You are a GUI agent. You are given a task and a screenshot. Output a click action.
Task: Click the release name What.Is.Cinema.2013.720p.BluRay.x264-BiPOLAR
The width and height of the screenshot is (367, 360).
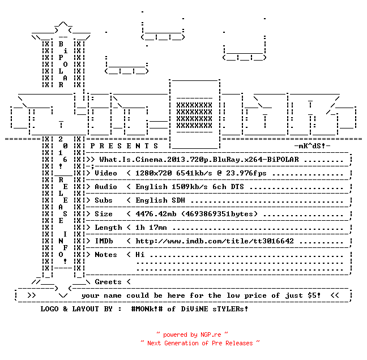pos(199,160)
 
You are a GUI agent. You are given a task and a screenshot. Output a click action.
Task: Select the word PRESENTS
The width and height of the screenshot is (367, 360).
pos(124,146)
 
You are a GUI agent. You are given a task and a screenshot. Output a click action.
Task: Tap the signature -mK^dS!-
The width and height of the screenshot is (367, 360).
pos(312,146)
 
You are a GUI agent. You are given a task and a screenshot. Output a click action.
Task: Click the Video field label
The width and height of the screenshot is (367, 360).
pos(106,173)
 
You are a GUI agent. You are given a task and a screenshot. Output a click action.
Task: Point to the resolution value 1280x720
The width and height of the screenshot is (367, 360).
pos(153,173)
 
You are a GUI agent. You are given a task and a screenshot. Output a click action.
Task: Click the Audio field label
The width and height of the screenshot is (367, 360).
pos(106,187)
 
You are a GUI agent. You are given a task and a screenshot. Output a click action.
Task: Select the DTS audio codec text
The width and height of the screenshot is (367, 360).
pos(237,187)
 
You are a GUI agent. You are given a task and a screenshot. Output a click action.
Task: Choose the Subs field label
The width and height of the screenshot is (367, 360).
pos(104,200)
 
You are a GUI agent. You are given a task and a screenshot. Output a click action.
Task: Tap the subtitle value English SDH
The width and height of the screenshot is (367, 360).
pos(160,200)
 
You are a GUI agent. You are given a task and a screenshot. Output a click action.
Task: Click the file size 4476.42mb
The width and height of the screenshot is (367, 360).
pos(156,214)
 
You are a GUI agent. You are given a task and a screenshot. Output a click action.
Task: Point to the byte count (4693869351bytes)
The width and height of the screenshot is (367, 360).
pos(219,214)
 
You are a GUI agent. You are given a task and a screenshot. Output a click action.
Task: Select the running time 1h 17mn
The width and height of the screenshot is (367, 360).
pos(151,228)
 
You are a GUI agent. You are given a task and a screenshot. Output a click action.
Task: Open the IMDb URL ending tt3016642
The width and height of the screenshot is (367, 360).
pos(215,241)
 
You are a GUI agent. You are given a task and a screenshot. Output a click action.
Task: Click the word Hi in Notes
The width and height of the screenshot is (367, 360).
pos(140,255)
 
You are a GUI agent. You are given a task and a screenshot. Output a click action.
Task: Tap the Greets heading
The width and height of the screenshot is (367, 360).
pos(108,282)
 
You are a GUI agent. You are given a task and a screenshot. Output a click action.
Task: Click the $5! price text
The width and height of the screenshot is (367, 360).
pos(314,295)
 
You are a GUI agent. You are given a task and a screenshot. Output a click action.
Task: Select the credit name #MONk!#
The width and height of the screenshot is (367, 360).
pos(147,308)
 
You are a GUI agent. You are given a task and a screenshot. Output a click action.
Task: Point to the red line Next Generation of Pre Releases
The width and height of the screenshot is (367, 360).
pos(200,343)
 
